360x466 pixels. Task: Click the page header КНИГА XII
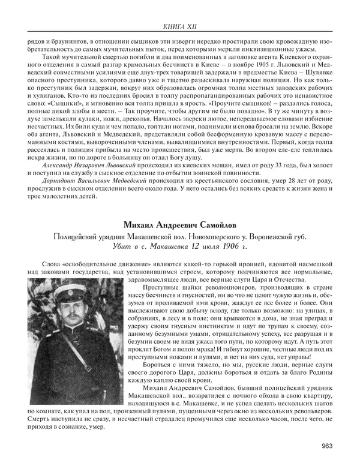(x=179, y=26)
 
